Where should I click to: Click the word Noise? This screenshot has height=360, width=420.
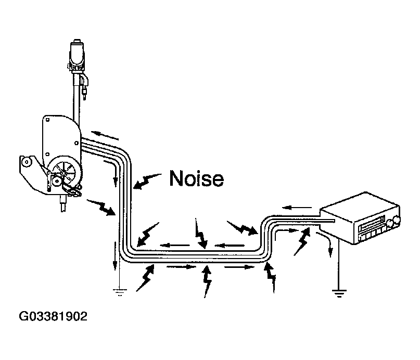coord(197,178)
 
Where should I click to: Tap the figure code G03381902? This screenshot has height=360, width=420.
coord(53,316)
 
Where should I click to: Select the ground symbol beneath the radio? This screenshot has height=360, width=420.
coord(339,293)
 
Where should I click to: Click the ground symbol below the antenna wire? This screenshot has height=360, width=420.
coord(120,292)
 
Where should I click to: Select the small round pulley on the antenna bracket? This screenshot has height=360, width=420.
coord(27,162)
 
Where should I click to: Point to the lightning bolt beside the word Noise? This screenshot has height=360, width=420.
coord(147,181)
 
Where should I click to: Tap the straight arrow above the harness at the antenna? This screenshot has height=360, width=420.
coord(105,135)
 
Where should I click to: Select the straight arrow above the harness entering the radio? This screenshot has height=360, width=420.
coord(297,208)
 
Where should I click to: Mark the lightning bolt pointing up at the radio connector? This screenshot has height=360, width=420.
coord(302,241)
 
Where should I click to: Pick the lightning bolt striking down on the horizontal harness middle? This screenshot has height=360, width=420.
coord(200,233)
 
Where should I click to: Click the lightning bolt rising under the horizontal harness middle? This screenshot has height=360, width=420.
coord(207,281)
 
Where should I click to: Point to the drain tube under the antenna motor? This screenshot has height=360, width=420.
coord(63,204)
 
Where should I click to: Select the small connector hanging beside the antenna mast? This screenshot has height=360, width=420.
coord(85,86)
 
